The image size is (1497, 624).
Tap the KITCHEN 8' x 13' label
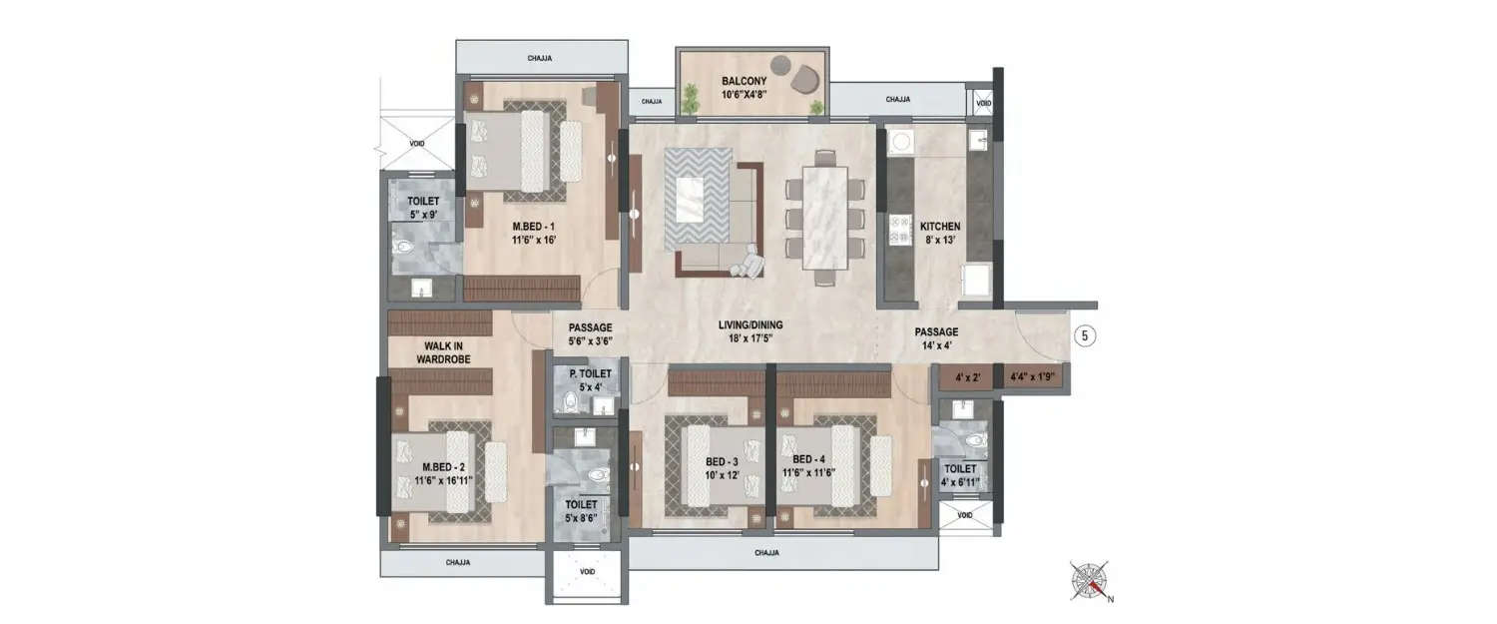click(x=939, y=234)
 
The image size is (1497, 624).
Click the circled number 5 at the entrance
click(x=1085, y=336)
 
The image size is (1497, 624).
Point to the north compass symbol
click(x=1091, y=579)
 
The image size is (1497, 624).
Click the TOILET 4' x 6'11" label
click(x=960, y=475)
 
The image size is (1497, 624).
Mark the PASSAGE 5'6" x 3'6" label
click(x=590, y=333)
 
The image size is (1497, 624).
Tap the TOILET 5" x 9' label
click(x=423, y=208)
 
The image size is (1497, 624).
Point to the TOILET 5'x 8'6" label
click(x=581, y=511)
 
